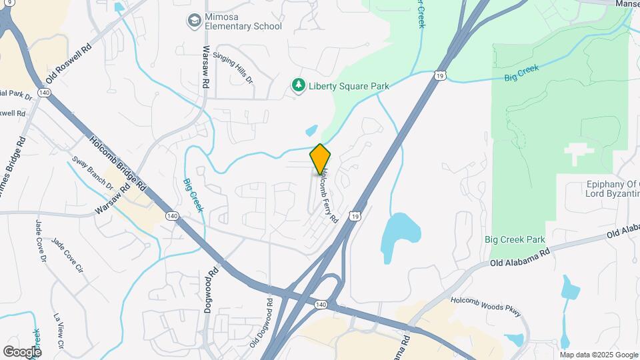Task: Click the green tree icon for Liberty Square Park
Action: click(298, 85)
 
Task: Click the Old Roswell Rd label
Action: click(68, 64)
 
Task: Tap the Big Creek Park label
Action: click(515, 240)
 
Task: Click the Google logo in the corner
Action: click(21, 351)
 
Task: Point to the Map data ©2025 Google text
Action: click(598, 355)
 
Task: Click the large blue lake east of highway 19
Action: click(401, 235)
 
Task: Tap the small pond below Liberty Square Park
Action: click(311, 131)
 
